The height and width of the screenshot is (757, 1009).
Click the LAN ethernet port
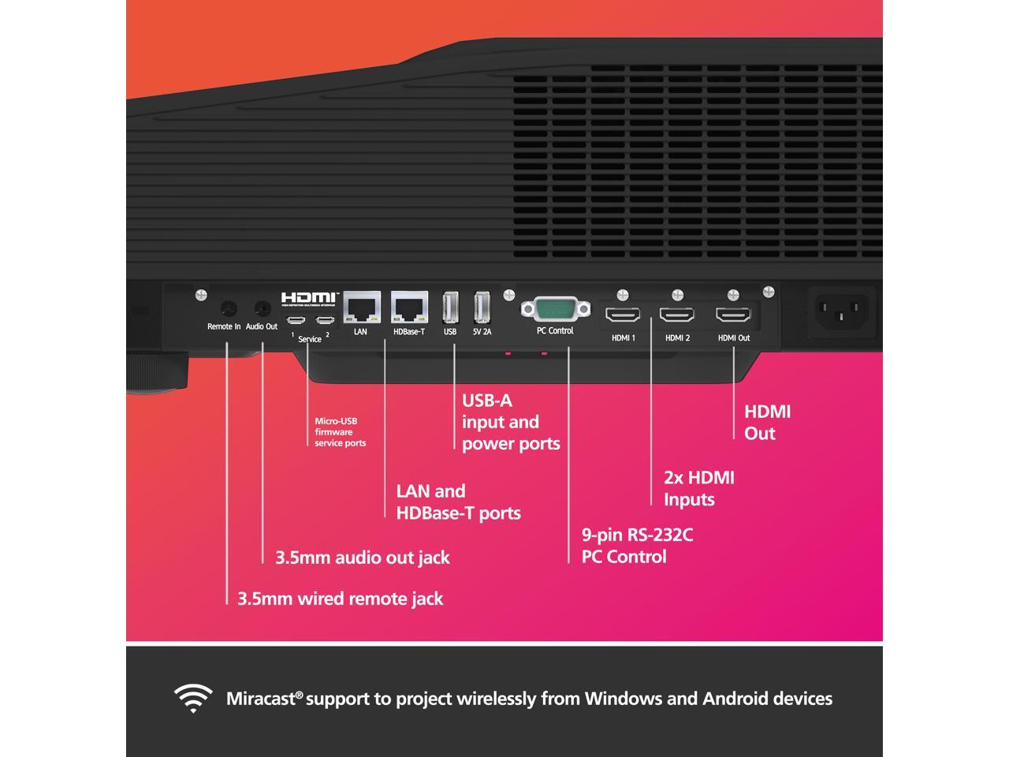(x=362, y=307)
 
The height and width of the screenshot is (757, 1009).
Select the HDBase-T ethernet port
(x=409, y=307)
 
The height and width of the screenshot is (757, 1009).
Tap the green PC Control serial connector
(x=555, y=308)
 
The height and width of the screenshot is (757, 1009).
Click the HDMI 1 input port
(x=623, y=315)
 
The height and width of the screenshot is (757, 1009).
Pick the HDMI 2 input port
(x=677, y=315)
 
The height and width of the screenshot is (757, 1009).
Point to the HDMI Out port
(x=733, y=315)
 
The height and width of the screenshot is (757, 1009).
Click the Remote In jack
(x=229, y=308)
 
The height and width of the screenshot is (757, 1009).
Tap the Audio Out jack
(x=262, y=308)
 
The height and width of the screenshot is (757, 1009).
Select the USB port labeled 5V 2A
(x=482, y=307)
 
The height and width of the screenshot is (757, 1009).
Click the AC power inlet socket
(x=840, y=308)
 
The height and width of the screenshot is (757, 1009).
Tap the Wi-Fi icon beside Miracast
(x=193, y=698)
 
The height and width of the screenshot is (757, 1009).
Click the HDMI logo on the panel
(x=309, y=298)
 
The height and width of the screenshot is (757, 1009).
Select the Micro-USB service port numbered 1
(x=296, y=320)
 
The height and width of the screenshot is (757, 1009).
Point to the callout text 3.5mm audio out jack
(x=363, y=557)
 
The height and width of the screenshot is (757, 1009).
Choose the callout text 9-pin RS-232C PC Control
(x=637, y=546)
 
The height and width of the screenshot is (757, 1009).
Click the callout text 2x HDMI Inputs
(x=698, y=488)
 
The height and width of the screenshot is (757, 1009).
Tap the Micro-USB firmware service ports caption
(x=340, y=432)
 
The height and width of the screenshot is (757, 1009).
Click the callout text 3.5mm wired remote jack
(x=341, y=599)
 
